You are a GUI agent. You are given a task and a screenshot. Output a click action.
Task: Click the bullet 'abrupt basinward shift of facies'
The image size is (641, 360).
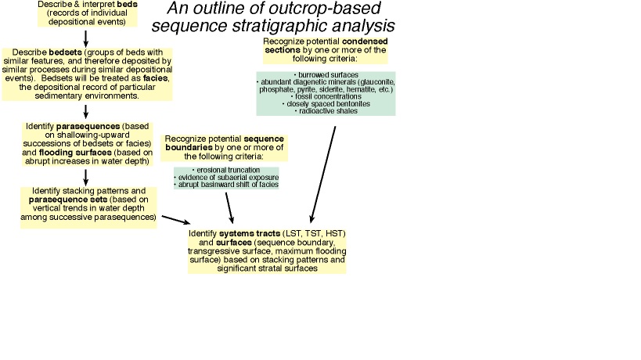(x=226, y=185)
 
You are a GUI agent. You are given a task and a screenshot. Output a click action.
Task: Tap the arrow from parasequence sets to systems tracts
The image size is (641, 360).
(x=174, y=220)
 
